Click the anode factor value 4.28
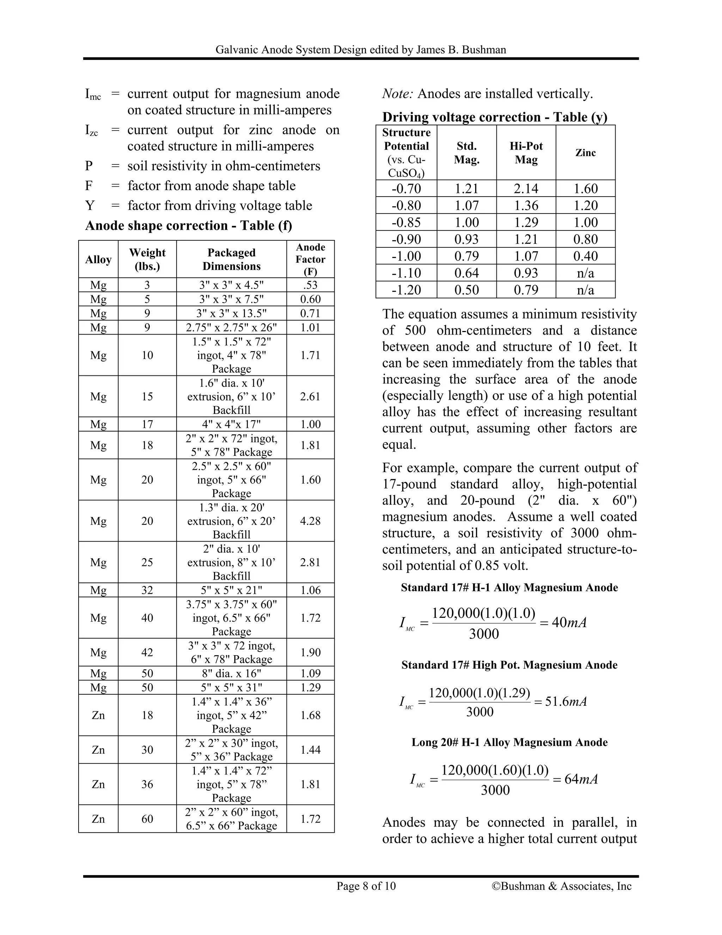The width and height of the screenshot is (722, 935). click(310, 521)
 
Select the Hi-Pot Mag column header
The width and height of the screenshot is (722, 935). click(526, 152)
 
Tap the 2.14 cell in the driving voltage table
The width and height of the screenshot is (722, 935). click(526, 188)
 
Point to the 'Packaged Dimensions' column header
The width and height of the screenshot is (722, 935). click(231, 259)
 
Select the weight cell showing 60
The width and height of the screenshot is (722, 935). click(147, 819)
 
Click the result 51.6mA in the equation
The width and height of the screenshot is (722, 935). click(565, 701)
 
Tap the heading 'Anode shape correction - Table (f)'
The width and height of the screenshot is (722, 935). click(189, 225)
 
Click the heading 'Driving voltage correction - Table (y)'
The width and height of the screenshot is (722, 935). click(495, 117)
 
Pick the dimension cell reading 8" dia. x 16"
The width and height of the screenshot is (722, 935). click(231, 674)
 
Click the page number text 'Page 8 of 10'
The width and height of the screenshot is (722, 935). click(366, 886)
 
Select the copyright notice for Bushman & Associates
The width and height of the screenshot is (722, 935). click(561, 886)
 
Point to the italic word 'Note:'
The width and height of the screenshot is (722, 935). click(397, 93)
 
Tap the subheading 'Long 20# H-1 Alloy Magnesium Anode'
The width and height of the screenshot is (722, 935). click(509, 742)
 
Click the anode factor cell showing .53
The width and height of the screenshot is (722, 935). click(310, 285)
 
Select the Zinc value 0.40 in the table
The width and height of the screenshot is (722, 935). click(585, 256)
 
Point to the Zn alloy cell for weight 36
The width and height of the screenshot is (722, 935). click(98, 784)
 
